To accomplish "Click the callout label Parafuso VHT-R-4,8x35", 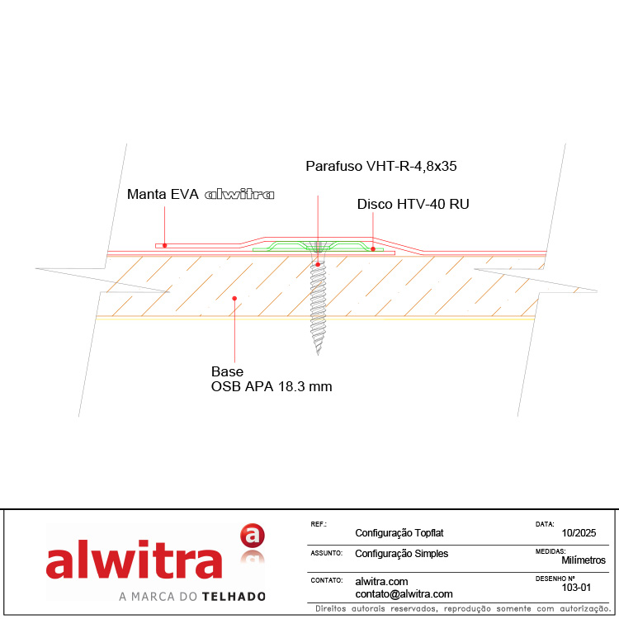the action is pos(381,166).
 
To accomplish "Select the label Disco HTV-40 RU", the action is pos(413,204).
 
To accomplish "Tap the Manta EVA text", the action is pos(163,194).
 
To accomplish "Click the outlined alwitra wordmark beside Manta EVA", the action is pos(239,194).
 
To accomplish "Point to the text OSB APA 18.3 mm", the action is pos(272,386).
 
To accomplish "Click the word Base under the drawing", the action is pos(227,371).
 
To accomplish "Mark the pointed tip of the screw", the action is pos(319,354).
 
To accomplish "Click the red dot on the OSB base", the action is pos(234,299).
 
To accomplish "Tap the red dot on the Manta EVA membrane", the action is pos(164,246).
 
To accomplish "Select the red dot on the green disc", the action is pos(373,249).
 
